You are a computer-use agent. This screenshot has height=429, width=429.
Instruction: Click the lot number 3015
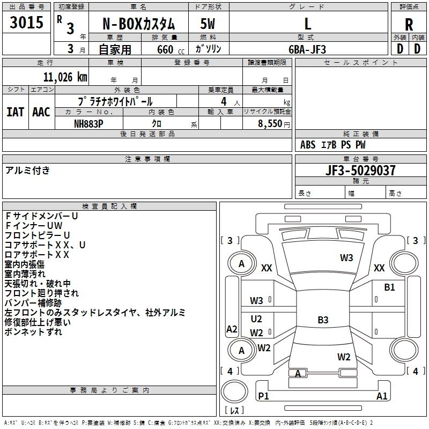[x=27, y=23]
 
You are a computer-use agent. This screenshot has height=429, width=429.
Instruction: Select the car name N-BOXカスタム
[x=138, y=24]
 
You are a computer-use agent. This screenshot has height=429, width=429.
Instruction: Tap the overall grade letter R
[x=409, y=24]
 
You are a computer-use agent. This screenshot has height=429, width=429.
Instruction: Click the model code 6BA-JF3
[x=307, y=49]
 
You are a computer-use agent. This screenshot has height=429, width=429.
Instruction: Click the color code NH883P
[x=89, y=123]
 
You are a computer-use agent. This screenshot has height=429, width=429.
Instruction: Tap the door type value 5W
[x=208, y=24]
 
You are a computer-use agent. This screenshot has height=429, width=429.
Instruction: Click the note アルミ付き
[x=27, y=171]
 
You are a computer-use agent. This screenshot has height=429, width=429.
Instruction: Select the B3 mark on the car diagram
[x=323, y=320]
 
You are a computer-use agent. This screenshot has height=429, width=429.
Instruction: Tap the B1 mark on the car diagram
[x=389, y=287]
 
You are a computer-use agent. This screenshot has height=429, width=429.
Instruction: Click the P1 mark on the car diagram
[x=263, y=396]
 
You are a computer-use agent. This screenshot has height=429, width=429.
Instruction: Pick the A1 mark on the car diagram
[x=382, y=396]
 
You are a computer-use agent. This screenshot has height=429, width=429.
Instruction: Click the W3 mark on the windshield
[x=346, y=257]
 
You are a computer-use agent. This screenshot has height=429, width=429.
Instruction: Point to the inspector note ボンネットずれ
[x=33, y=332]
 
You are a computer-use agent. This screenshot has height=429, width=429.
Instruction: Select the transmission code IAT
[x=16, y=112]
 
